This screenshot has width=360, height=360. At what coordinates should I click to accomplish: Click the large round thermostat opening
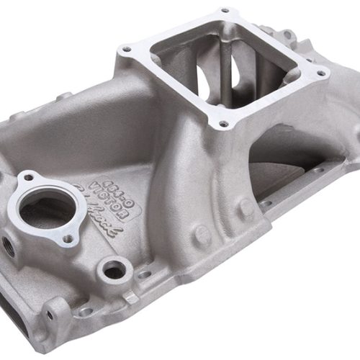(x=47, y=209)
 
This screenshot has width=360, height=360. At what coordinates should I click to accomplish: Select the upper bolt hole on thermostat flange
(x=29, y=177)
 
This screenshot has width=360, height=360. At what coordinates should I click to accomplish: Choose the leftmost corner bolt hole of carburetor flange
(x=127, y=50)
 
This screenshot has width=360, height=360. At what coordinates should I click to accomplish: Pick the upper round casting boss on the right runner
(x=247, y=210)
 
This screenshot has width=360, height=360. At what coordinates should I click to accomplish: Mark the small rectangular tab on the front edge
(x=130, y=296)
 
